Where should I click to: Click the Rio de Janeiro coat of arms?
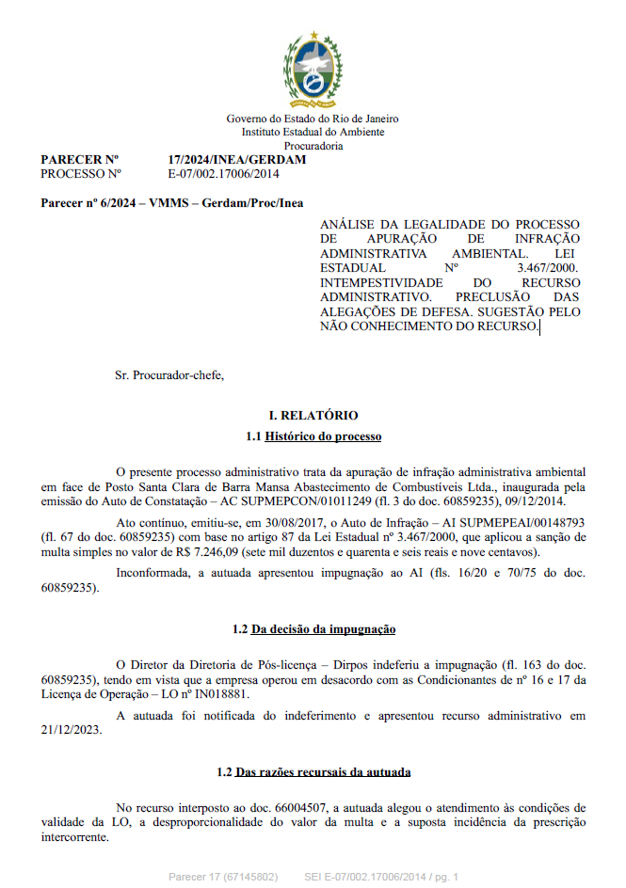[x=313, y=71]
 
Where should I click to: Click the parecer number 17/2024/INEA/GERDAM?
[x=236, y=160]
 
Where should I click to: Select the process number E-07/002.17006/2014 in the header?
[x=224, y=174]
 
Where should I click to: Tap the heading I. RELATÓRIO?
[x=313, y=415]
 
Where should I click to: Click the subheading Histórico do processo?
[x=323, y=436]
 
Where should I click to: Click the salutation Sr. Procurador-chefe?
[x=169, y=375]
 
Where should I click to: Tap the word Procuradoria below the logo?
[x=313, y=146]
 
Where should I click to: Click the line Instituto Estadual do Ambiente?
[x=313, y=133]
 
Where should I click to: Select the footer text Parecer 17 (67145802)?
[x=222, y=877]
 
